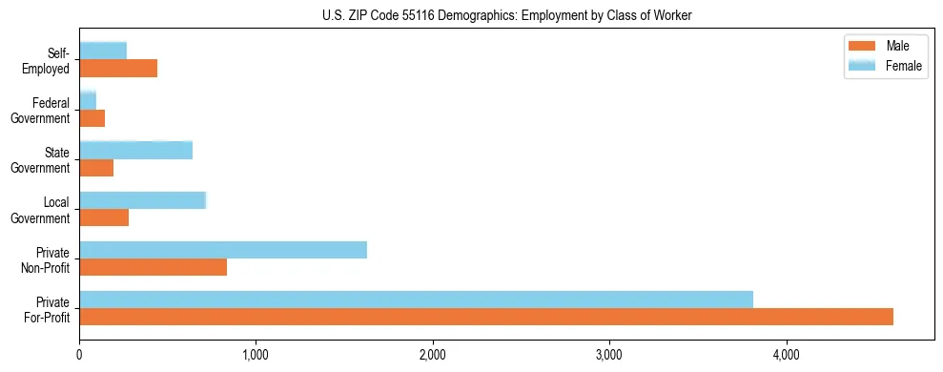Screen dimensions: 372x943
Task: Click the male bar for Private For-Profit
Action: tap(486, 317)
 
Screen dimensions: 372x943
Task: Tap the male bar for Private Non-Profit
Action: tap(153, 267)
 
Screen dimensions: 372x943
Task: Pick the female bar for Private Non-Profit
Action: tap(223, 250)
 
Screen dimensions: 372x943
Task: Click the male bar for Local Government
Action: tap(104, 217)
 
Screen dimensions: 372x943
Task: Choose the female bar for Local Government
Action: tap(143, 200)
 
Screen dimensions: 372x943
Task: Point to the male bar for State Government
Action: tap(96, 168)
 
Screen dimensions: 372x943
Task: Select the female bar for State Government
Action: tap(136, 151)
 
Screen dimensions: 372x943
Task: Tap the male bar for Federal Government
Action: tap(92, 118)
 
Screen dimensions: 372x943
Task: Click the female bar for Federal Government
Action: tap(88, 101)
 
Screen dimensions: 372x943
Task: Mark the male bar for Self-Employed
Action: tap(118, 69)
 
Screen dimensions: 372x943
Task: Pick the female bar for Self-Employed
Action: tap(103, 52)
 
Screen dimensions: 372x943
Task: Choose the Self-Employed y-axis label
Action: tap(52, 61)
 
